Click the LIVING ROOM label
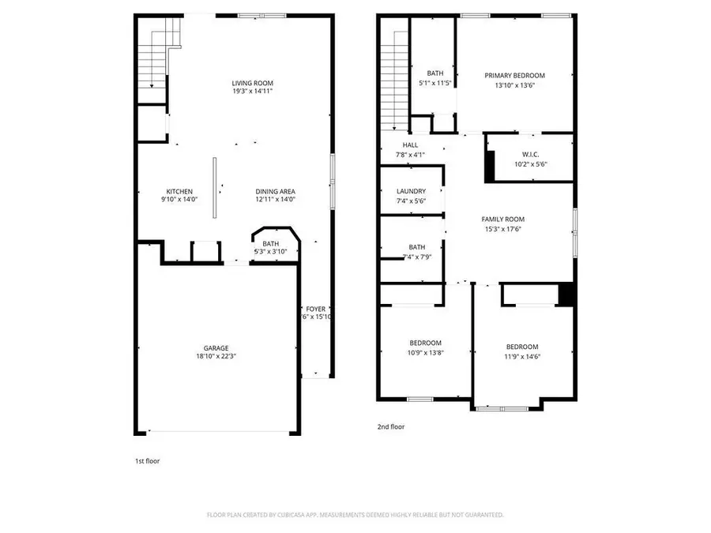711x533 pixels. (252, 83)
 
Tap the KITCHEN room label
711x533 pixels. (179, 191)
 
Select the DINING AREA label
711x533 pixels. (275, 191)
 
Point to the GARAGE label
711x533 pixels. (216, 347)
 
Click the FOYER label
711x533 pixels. (316, 309)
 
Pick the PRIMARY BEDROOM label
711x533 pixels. (514, 76)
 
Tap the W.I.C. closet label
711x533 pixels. (530, 155)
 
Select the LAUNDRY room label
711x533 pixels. (411, 191)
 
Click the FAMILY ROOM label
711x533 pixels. (503, 219)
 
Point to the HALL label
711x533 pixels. (410, 145)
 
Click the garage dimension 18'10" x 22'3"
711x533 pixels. (216, 357)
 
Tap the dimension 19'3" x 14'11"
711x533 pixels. (252, 92)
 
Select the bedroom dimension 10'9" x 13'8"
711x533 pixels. (425, 352)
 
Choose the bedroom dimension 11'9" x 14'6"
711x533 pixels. (522, 356)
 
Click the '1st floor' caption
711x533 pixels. (147, 460)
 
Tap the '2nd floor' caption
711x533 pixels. (390, 426)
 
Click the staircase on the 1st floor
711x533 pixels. (153, 63)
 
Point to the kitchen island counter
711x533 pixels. (214, 181)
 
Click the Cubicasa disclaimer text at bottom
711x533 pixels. (355, 515)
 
